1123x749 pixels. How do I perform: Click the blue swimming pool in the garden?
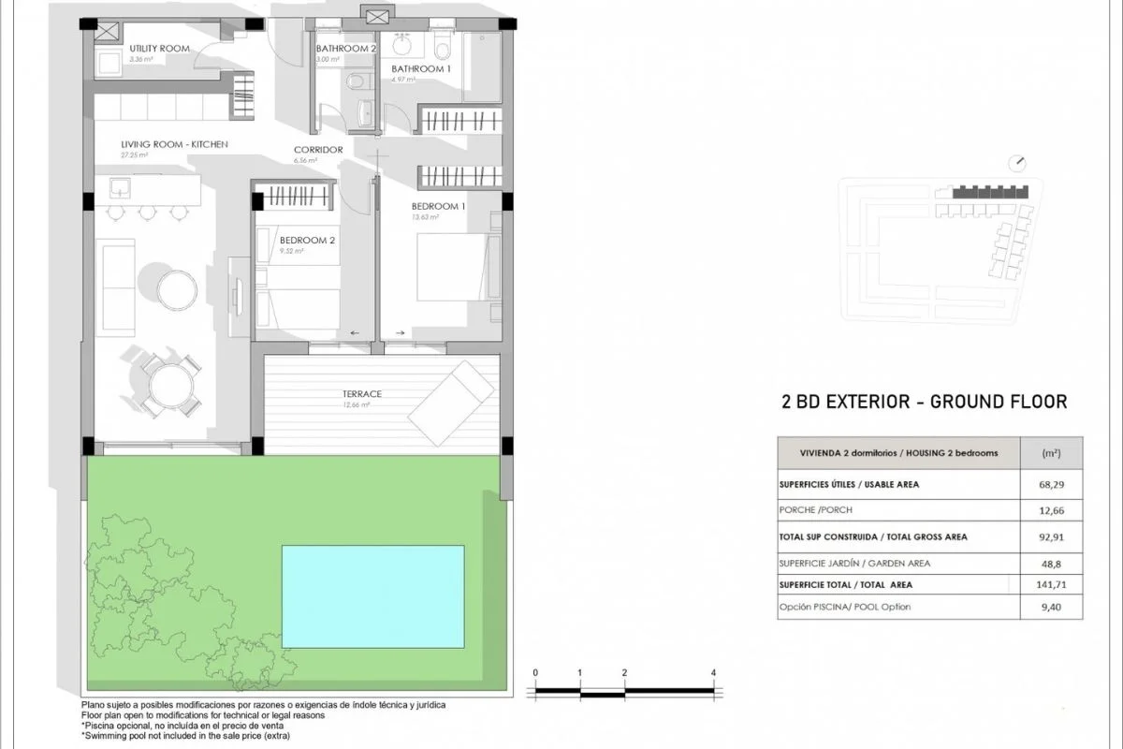coord(373,596)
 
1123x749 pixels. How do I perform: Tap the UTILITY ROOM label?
coord(160,48)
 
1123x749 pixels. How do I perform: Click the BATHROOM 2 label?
coord(346,48)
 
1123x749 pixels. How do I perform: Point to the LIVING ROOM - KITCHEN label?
coord(174,144)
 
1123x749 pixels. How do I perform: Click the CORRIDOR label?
coord(318,150)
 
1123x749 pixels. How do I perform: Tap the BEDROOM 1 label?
coord(439,206)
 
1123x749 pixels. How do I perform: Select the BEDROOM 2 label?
coord(307,241)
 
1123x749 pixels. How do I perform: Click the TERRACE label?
coord(361,394)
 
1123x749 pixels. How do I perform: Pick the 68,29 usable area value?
coord(1051,485)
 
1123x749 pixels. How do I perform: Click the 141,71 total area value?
coord(1051,585)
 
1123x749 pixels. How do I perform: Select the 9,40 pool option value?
coord(1051,607)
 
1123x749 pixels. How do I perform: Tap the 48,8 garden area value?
coord(1051,564)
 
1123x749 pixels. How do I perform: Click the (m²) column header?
coord(1051,453)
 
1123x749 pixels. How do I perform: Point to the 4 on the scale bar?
coord(713,673)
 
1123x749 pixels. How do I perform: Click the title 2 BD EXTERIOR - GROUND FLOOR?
coord(924,403)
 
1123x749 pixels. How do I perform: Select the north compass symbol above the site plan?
coord(1017,163)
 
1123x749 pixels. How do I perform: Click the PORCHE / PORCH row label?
coord(815,510)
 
